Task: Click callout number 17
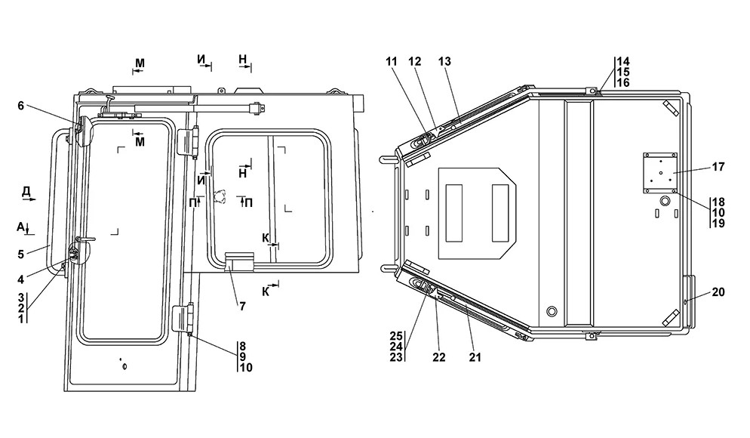click(x=718, y=167)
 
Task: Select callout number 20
click(x=718, y=292)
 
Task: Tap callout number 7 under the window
click(x=242, y=307)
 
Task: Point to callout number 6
click(x=20, y=106)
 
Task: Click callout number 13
click(x=444, y=62)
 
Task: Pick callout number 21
click(x=475, y=357)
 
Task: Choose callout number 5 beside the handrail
click(x=20, y=254)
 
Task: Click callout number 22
click(x=439, y=357)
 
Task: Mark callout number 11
click(x=392, y=62)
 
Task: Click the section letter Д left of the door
click(x=26, y=192)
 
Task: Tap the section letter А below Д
click(x=20, y=227)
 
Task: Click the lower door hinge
click(x=183, y=318)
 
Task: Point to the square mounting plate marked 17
click(x=660, y=173)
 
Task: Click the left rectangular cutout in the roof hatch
click(x=454, y=213)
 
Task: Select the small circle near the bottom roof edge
click(x=552, y=311)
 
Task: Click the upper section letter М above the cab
click(x=140, y=63)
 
